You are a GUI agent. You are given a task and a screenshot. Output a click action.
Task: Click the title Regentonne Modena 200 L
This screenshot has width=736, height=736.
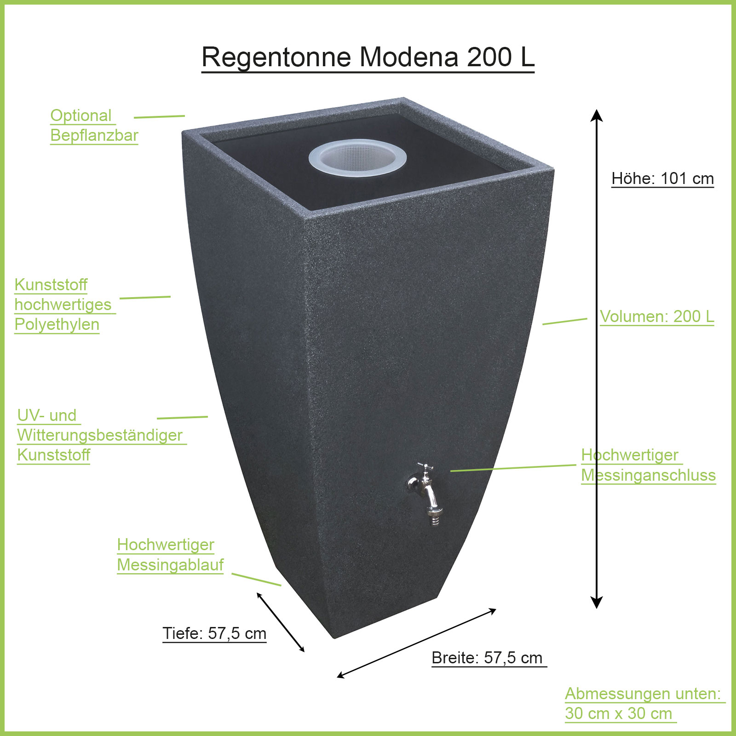click(x=368, y=57)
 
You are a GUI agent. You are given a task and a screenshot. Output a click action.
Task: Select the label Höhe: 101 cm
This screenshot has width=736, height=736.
click(x=662, y=178)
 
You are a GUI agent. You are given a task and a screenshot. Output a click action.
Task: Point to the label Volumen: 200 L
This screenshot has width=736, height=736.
click(x=657, y=316)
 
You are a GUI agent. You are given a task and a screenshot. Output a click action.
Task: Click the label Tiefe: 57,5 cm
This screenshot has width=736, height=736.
click(x=214, y=633)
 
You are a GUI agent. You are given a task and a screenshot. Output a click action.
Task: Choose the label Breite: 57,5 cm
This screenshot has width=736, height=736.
click(x=487, y=658)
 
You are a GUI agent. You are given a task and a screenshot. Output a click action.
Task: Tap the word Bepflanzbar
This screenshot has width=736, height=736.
click(x=94, y=135)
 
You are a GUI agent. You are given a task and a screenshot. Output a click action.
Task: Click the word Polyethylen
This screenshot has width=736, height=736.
click(x=57, y=324)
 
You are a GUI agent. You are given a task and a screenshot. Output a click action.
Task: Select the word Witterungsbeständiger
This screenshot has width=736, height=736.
click(x=100, y=435)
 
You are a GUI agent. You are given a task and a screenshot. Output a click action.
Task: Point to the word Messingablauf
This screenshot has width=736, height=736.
click(x=170, y=564)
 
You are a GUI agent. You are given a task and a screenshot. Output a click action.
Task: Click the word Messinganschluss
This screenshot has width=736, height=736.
click(x=649, y=475)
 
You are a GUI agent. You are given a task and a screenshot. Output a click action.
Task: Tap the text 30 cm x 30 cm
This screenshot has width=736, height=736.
click(x=619, y=713)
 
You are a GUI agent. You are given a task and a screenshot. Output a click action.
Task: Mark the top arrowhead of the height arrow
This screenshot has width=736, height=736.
click(x=597, y=115)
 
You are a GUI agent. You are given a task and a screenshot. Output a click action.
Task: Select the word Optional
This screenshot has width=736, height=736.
click(x=81, y=115)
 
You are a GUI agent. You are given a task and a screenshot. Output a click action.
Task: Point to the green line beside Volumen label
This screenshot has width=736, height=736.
click(x=564, y=321)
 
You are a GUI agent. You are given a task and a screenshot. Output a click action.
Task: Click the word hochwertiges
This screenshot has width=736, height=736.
click(x=63, y=305)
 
